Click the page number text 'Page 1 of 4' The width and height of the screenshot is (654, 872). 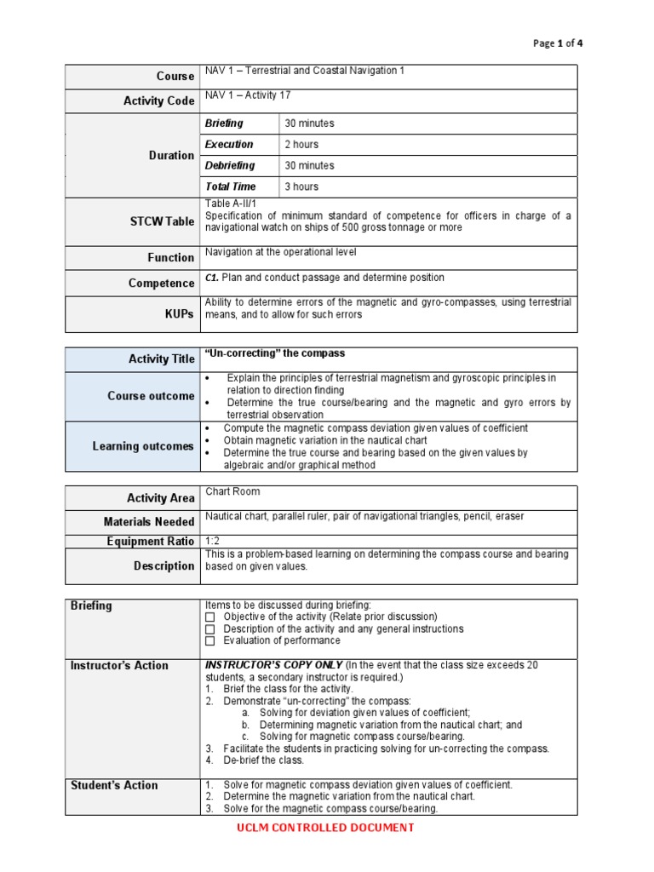click(x=558, y=43)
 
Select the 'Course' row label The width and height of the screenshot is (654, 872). click(x=175, y=77)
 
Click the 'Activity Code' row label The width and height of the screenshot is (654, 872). click(x=158, y=100)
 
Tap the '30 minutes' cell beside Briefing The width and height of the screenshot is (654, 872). click(x=309, y=123)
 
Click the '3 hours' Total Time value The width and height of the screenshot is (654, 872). click(x=301, y=186)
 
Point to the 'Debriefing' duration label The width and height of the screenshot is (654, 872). click(x=229, y=165)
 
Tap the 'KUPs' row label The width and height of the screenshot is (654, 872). click(x=180, y=314)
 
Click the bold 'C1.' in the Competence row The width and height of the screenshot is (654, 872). click(x=212, y=278)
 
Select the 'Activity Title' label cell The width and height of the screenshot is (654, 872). click(x=162, y=359)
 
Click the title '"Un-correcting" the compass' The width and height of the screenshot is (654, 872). click(x=275, y=353)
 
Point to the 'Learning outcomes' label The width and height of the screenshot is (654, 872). click(x=143, y=446)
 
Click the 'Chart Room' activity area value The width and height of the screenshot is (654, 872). click(x=232, y=491)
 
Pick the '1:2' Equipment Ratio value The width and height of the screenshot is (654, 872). click(x=213, y=541)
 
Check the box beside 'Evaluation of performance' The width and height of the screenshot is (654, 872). click(x=210, y=640)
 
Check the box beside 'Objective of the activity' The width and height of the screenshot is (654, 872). click(x=210, y=617)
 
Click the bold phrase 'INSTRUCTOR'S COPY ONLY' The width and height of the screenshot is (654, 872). click(x=274, y=664)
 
